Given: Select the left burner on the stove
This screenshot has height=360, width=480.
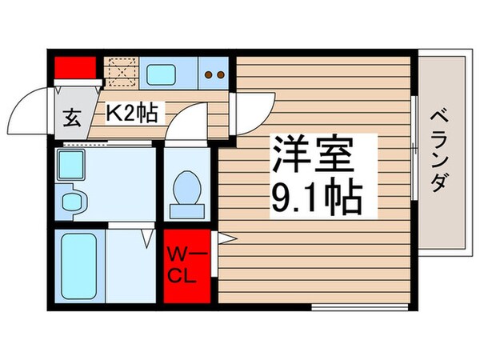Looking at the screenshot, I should tap(210, 76).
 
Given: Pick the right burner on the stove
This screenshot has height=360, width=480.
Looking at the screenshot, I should tap(221, 76).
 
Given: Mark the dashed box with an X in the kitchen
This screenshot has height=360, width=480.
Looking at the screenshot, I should tap(123, 74).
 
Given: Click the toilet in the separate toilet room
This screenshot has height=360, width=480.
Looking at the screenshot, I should tap(188, 190).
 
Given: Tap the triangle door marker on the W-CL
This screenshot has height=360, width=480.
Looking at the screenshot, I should tap(224, 238).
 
